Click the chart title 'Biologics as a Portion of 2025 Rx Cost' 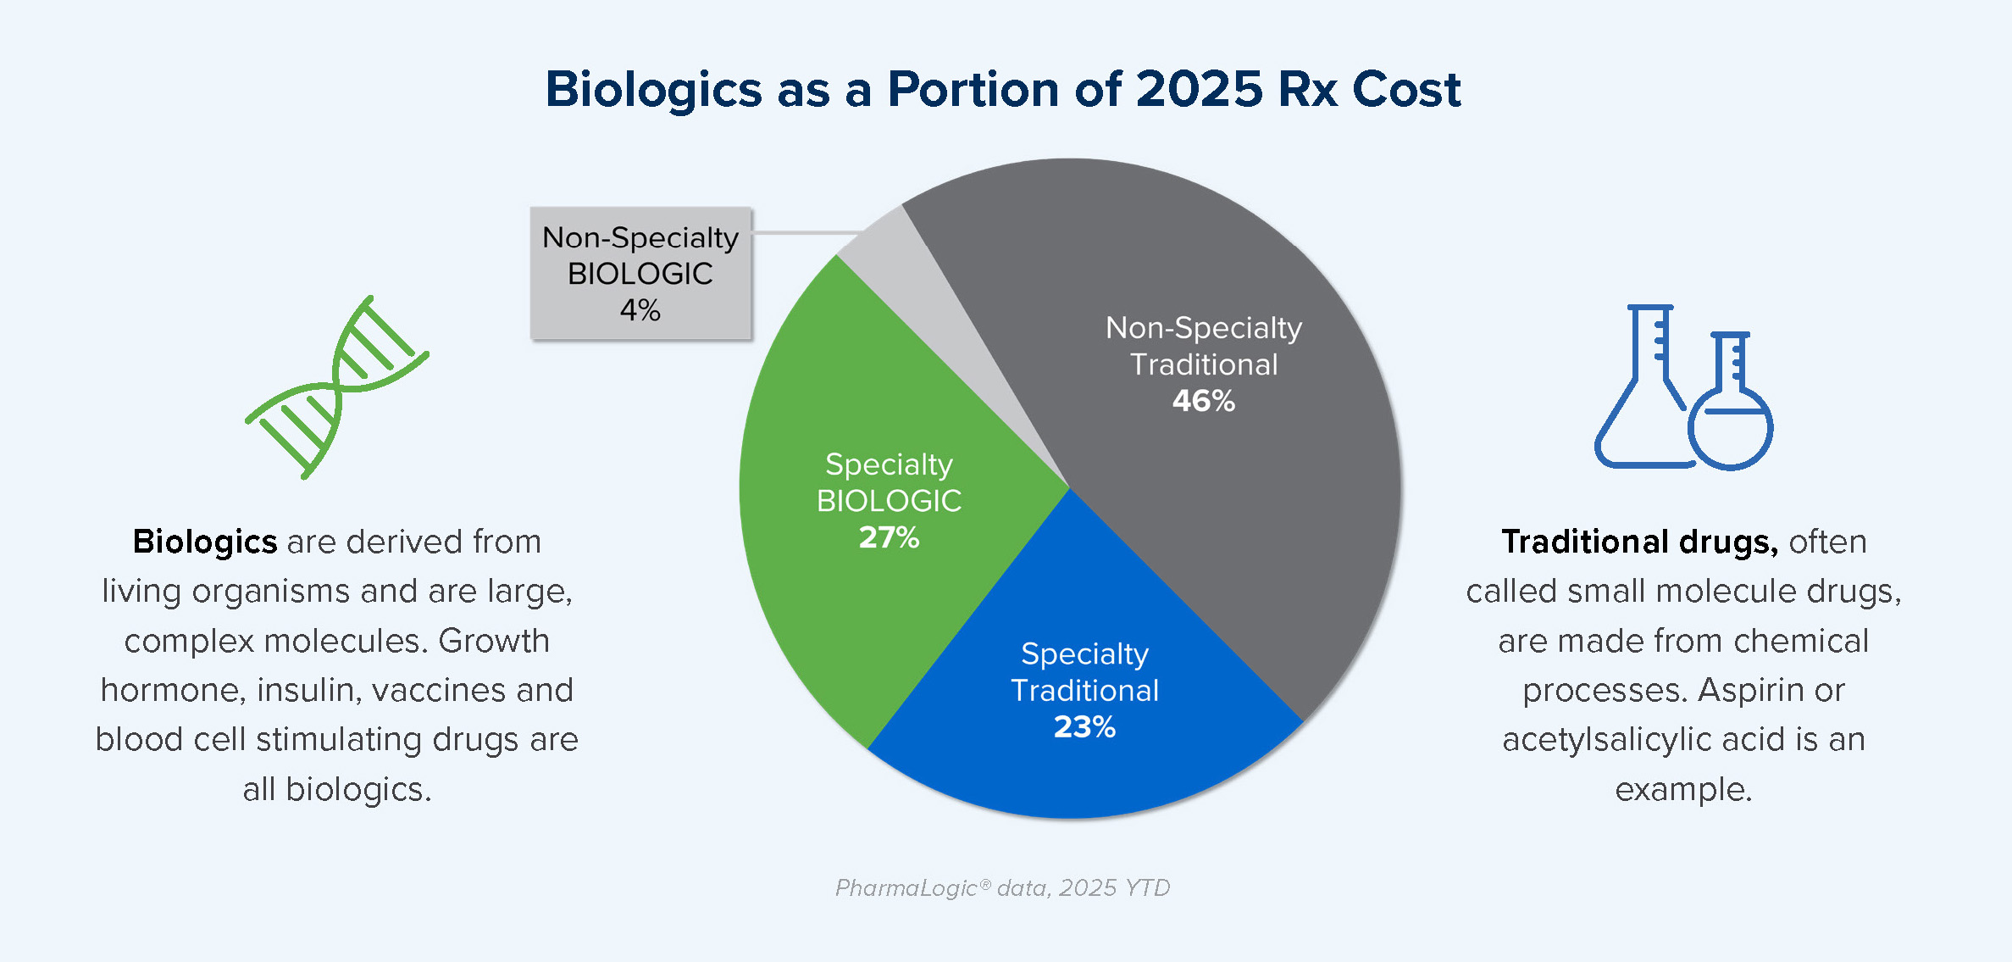[x=1003, y=89]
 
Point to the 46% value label [x=1203, y=401]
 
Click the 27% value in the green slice [x=889, y=537]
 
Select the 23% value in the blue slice [x=1084, y=727]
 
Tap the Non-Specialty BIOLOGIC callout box [x=640, y=273]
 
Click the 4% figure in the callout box [x=640, y=310]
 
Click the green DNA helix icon [x=337, y=386]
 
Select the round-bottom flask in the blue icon [x=1730, y=424]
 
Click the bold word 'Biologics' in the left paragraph [x=205, y=542]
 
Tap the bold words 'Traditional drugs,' [x=1639, y=542]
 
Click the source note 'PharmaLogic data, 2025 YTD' [x=1003, y=887]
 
